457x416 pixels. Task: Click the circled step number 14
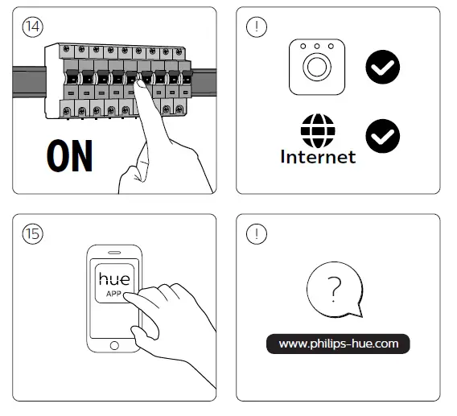(x=31, y=26)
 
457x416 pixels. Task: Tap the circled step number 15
(x=31, y=233)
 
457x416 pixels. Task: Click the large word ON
(x=69, y=157)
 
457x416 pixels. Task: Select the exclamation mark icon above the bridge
(x=255, y=26)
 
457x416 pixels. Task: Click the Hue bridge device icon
(x=316, y=67)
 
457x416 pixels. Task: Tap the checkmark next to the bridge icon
(x=382, y=67)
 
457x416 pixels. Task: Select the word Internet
(x=317, y=157)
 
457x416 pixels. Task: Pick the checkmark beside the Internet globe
(x=382, y=136)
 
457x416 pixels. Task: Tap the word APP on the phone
(x=113, y=294)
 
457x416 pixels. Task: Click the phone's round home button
(x=113, y=345)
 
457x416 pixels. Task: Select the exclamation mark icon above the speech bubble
(x=255, y=233)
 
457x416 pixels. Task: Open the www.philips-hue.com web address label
(x=338, y=344)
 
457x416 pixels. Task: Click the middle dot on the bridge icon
(x=316, y=47)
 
